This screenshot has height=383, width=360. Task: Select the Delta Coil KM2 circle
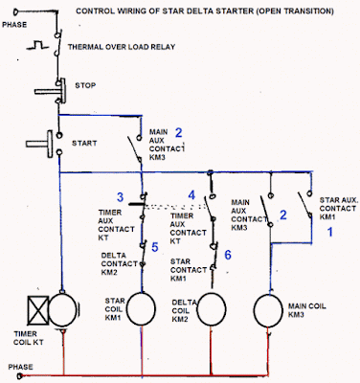click(x=209, y=308)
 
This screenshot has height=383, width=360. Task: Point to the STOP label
click(x=85, y=85)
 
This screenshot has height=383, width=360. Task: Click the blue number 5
click(x=154, y=246)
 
